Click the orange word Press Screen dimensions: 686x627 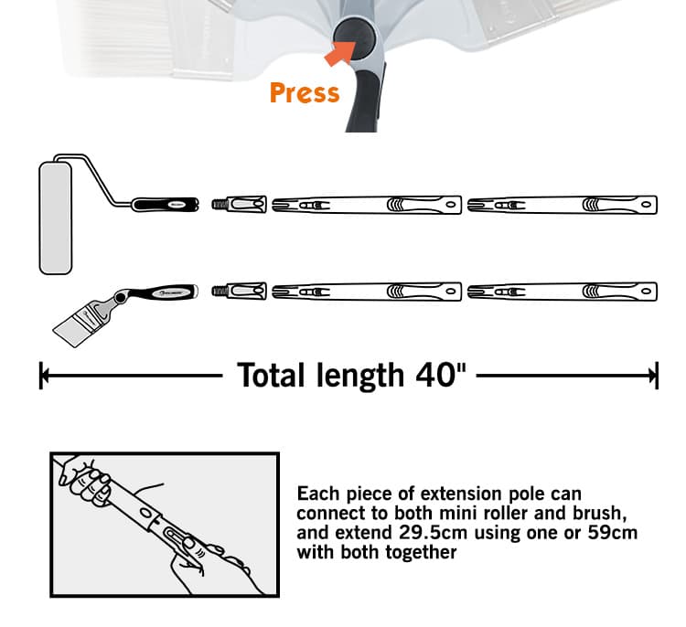point(305,92)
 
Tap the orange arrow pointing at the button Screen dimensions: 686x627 point(340,53)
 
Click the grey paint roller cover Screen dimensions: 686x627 point(56,218)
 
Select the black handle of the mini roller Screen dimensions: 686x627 point(166,205)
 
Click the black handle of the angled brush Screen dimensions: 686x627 point(168,292)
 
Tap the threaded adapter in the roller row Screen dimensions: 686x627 point(240,204)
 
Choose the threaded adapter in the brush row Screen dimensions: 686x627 point(240,292)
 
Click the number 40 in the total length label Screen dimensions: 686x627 point(440,376)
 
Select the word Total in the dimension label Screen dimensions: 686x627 point(271,376)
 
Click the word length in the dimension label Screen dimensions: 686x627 point(360,377)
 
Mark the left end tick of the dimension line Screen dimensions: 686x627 point(41,375)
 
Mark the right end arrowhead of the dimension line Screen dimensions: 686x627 point(655,375)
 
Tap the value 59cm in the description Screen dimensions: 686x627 point(612,533)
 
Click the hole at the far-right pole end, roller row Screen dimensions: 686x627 point(646,205)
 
